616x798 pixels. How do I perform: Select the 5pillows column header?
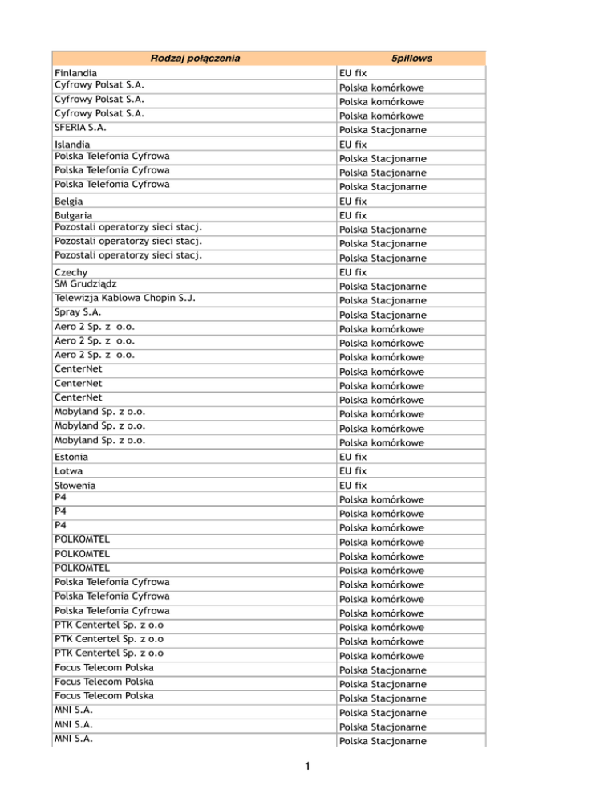coord(411,59)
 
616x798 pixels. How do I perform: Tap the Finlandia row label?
coord(76,73)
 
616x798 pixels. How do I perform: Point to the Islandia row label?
coord(73,145)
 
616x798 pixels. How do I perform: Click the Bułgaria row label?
coord(74,216)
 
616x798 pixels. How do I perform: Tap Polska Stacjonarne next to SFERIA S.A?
coord(382,130)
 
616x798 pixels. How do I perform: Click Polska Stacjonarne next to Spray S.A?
coord(382,316)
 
